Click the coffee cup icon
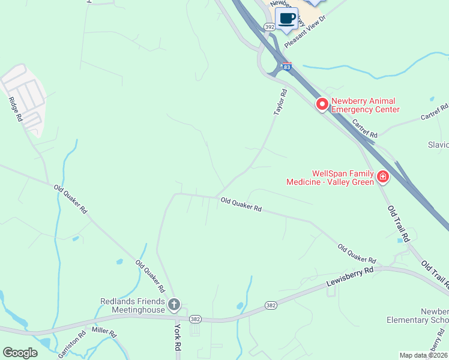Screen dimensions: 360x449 tap(286, 17)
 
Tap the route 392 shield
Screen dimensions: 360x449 tap(269, 26)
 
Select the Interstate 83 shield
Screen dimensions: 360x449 tap(287, 67)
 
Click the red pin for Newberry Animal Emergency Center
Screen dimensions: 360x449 tap(322, 104)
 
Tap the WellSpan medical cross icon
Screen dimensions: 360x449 tap(382, 177)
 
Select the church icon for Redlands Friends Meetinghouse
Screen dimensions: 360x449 tap(174, 305)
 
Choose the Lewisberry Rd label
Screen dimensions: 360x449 tap(349, 276)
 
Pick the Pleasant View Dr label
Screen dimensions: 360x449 tap(304, 32)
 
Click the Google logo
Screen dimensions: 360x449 tap(20, 353)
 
